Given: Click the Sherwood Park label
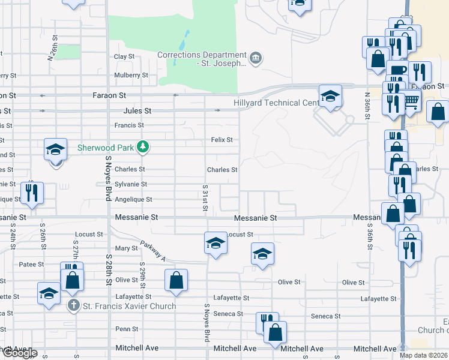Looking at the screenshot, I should [106, 147].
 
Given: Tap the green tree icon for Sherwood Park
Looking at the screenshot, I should [142, 146].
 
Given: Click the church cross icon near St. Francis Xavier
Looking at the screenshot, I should [73, 305].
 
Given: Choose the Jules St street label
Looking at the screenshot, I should [137, 111].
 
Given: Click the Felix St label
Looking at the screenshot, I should [221, 140].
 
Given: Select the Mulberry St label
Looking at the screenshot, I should [131, 75].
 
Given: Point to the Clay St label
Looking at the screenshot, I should [124, 56].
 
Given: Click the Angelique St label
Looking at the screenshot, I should [133, 199].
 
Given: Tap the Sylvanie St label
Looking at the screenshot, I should [131, 184].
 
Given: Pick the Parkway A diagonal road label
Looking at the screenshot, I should [152, 251].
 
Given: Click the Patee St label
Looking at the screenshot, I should [33, 264].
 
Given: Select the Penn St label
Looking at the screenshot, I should [127, 329].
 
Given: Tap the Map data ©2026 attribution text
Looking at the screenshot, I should [423, 355].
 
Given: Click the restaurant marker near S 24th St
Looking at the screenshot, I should [32, 193].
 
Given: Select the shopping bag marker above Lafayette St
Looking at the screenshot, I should [176, 280].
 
